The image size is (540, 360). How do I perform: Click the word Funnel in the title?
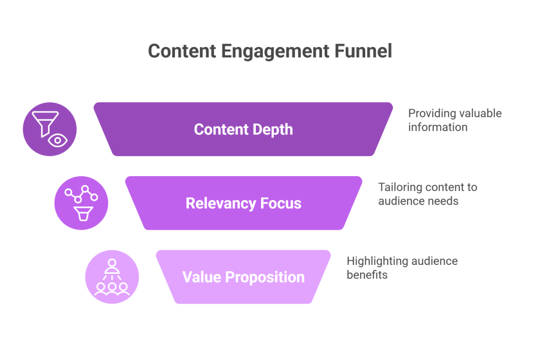[363, 51]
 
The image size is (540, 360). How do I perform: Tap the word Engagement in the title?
[275, 52]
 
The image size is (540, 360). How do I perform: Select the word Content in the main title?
[182, 51]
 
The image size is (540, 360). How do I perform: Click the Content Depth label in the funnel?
[244, 129]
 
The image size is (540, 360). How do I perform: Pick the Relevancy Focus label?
[244, 203]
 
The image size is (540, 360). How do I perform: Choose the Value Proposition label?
[244, 277]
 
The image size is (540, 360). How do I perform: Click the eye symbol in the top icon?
[57, 141]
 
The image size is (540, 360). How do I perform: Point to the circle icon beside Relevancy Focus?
[81, 203]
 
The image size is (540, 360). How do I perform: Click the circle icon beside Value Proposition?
[112, 277]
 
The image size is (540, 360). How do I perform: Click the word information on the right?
[438, 127]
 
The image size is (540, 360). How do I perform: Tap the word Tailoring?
[400, 188]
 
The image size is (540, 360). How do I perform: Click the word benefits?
[367, 275]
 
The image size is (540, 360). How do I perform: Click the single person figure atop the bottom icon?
[112, 266]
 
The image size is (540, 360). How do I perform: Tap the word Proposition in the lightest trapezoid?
[265, 278]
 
